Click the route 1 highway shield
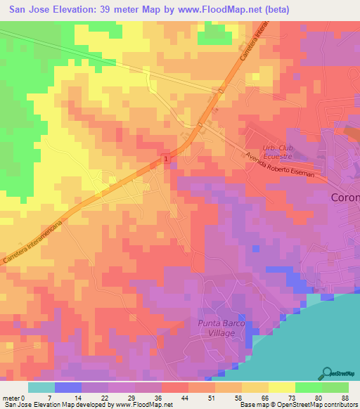click(x=166, y=160)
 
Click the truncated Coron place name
click(x=345, y=197)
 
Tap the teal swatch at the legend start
click(x=41, y=387)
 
